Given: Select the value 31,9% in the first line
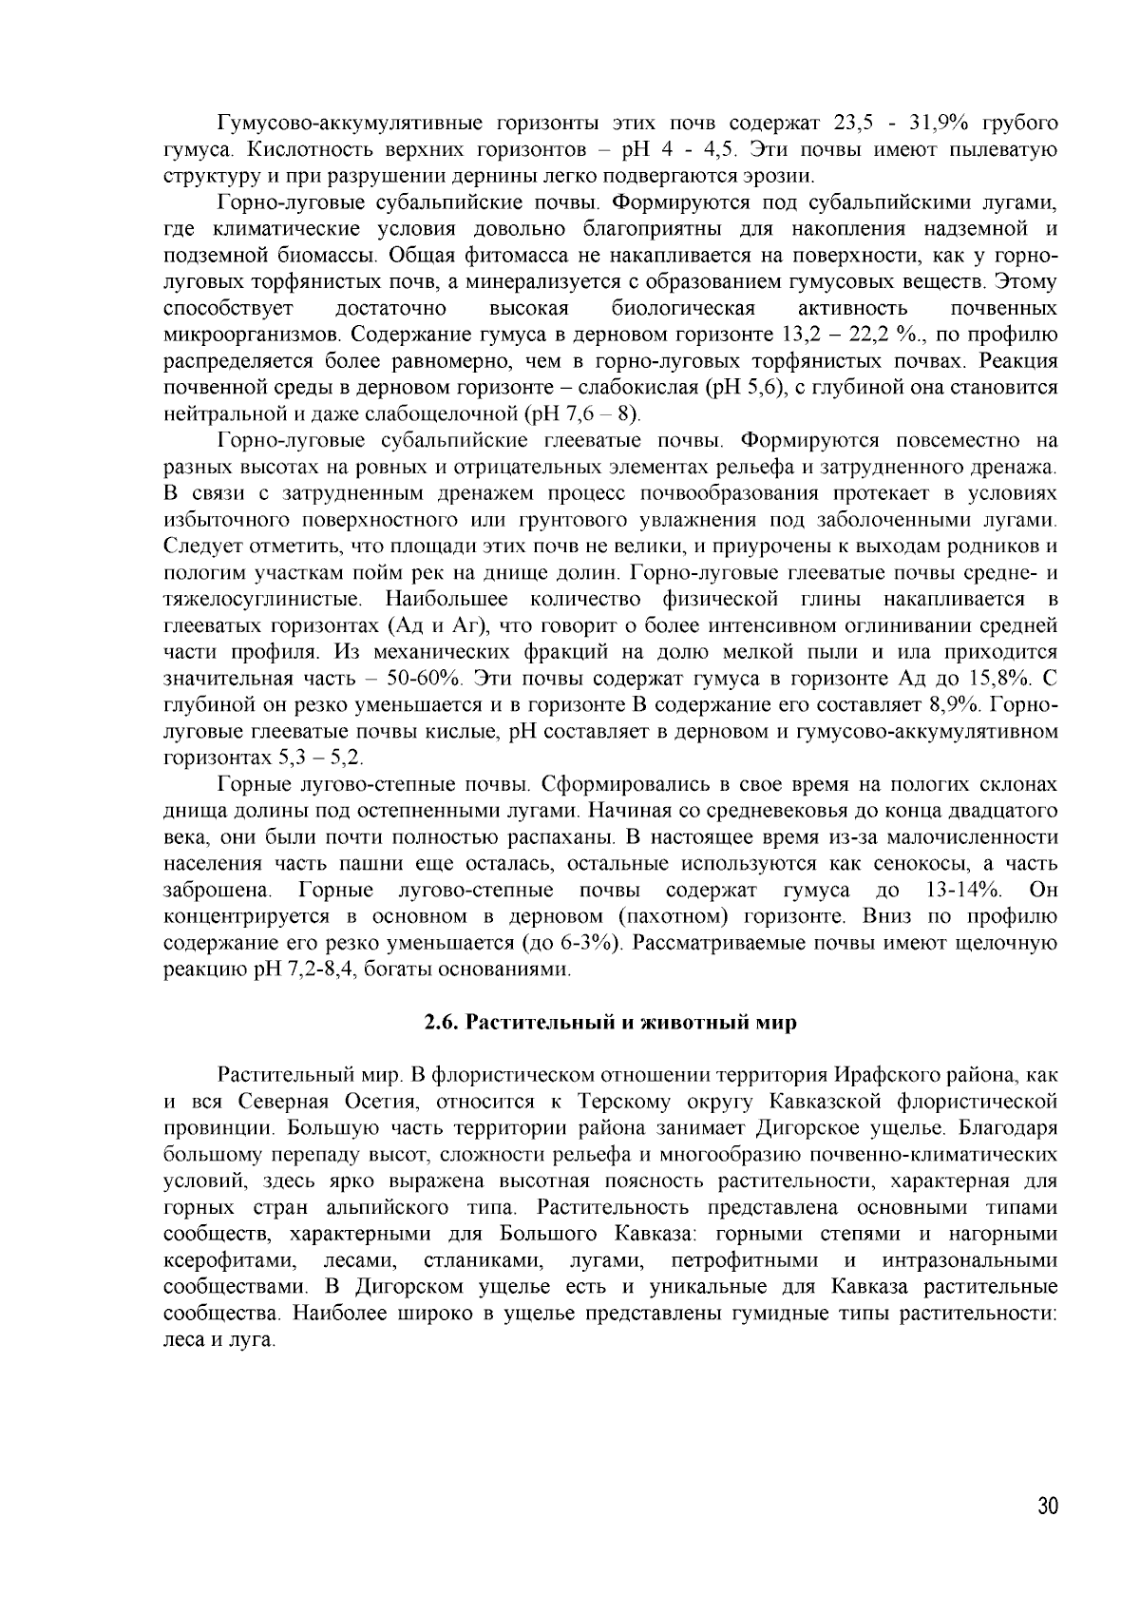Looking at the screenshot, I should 928,124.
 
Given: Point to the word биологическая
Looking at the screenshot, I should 683,309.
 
